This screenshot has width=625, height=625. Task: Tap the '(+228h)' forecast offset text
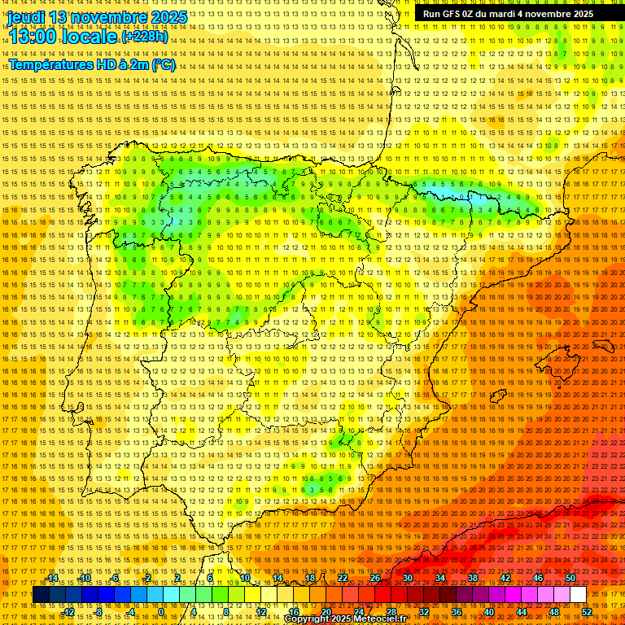click(x=145, y=37)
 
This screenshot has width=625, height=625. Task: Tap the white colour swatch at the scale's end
click(x=578, y=595)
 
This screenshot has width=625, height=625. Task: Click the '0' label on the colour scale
click(x=162, y=612)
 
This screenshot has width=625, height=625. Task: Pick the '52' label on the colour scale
click(x=587, y=612)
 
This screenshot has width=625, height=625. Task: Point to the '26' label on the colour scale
click(x=375, y=579)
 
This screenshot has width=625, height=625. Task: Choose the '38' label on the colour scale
click(x=472, y=579)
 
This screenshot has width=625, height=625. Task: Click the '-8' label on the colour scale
click(x=99, y=612)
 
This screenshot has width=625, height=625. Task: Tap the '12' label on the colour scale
click(x=261, y=612)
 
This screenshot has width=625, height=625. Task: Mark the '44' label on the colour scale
click(x=521, y=612)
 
